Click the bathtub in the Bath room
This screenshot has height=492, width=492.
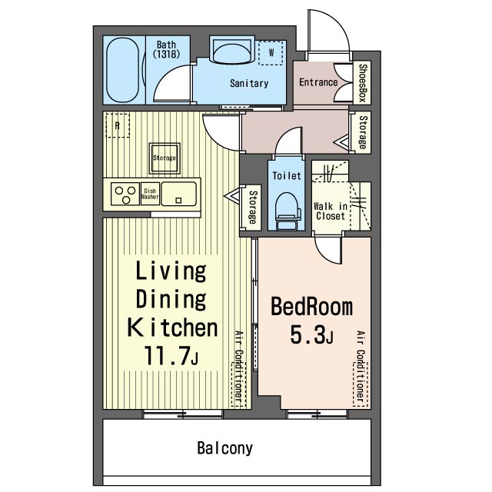coord(123,70)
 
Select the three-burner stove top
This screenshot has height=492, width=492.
coord(125,194)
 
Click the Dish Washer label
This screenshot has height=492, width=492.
coord(150,194)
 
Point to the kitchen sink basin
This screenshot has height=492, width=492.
coord(179,194)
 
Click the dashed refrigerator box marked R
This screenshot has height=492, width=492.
coord(118,125)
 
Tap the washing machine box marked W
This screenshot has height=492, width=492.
coord(271,53)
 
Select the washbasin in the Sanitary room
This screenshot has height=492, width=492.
coord(232,52)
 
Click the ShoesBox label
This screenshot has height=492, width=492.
coord(362,83)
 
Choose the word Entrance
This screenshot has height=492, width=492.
coord(318,82)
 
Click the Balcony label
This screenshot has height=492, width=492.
coord(224,447)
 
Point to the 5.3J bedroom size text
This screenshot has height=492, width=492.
coord(311,334)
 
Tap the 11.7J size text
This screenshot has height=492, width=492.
coord(171,355)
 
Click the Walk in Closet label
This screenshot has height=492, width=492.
coord(331,211)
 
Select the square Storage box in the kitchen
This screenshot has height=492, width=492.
coord(165,158)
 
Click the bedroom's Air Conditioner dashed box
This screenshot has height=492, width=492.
coord(361,384)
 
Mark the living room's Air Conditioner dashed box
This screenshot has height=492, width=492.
coord(239,384)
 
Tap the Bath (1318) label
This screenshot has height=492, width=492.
coord(166,49)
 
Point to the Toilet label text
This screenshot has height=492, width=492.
coord(287,175)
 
